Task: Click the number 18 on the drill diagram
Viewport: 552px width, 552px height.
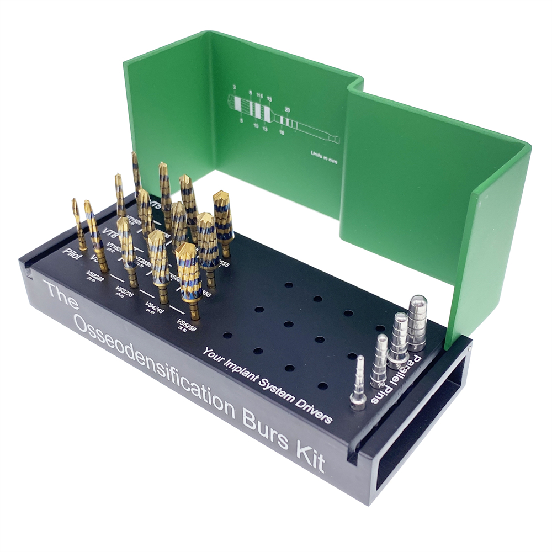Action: click(282, 133)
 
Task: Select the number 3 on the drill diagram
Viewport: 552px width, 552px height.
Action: click(234, 87)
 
